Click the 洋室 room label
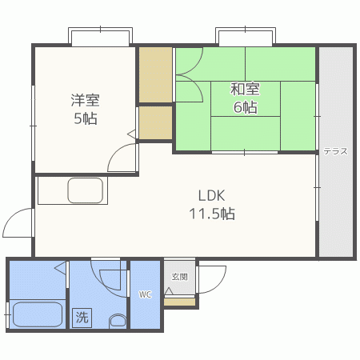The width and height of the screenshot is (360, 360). pos(85,100)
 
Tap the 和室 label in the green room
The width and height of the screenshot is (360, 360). pos(245,90)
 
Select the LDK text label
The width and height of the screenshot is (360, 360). pos(212,195)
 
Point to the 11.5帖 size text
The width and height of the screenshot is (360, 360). pos(212,214)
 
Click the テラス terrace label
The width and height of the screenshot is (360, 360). pos(336,151)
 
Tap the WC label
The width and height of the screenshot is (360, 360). pos(145,294)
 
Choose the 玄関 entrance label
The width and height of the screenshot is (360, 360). pos(179,277)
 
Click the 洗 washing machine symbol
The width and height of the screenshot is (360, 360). pos(82,318)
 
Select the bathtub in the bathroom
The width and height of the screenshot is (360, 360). pos(38,314)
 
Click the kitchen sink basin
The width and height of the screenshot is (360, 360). pos(86,190)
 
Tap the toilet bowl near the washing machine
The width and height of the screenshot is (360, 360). pos(118,322)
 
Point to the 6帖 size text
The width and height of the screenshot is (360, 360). pos(246,107)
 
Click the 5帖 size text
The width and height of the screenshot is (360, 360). pos(86,118)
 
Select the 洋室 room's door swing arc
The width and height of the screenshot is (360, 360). pos(115,152)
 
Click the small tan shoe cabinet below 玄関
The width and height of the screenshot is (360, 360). pos(179,302)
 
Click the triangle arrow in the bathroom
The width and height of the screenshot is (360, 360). pos(60,268)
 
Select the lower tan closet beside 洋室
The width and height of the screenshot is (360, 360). pos(155,122)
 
